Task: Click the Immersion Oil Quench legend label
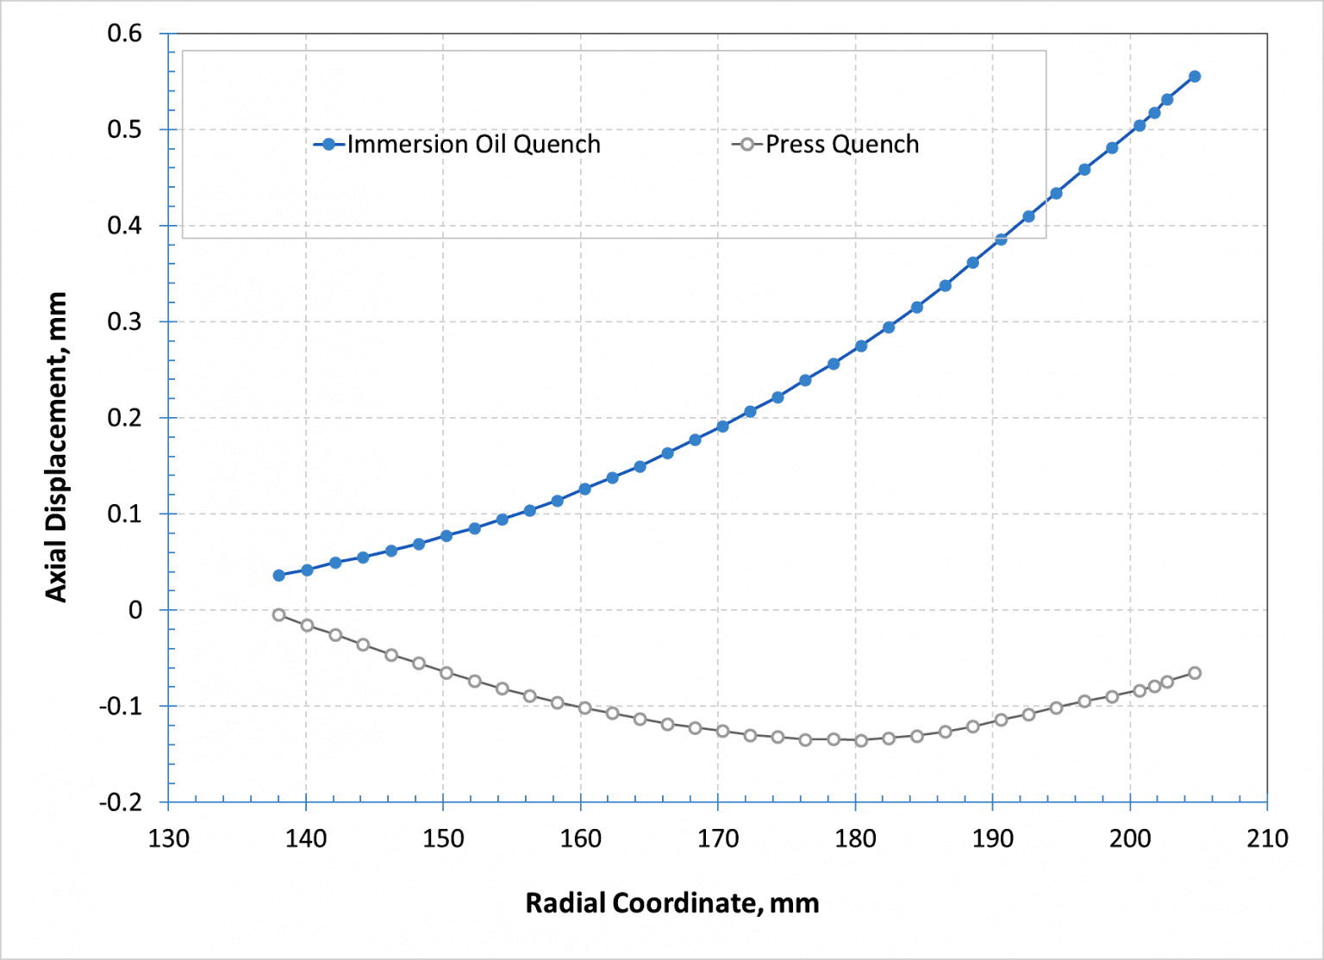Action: (x=473, y=144)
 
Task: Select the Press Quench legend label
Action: (x=842, y=144)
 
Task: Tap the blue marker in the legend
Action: (x=328, y=145)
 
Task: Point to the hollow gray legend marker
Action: (x=747, y=145)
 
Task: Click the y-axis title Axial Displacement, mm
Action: (x=56, y=447)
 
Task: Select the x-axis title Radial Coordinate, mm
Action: (x=672, y=903)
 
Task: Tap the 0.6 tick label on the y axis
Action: (x=124, y=34)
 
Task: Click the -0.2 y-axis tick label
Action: (x=121, y=802)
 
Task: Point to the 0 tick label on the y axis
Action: (x=135, y=610)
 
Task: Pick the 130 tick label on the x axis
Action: (x=168, y=838)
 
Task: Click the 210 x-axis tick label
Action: (x=1267, y=838)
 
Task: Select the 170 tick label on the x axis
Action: (x=718, y=838)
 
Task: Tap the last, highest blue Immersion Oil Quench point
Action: (x=1195, y=77)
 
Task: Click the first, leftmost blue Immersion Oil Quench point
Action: (x=278, y=575)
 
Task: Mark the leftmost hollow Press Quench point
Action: (x=278, y=614)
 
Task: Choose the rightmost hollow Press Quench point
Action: (x=1195, y=673)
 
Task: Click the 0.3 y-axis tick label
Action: (x=124, y=322)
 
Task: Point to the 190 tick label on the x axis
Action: (x=993, y=838)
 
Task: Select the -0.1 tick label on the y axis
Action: (x=121, y=707)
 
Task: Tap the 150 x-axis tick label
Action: (x=443, y=838)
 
